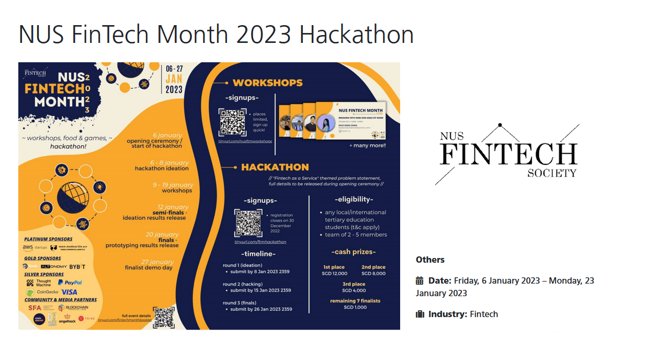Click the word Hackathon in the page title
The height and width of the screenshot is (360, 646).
tap(357, 35)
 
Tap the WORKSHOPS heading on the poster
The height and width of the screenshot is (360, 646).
tap(267, 83)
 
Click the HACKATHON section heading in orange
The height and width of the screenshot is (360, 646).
tap(275, 167)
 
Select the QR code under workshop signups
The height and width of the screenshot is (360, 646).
tap(232, 122)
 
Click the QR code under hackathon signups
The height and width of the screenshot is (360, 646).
tap(248, 223)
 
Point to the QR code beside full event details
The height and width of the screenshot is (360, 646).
tap(164, 318)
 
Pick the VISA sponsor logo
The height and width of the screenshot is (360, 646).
tap(69, 292)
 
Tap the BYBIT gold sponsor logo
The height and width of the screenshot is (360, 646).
tap(77, 266)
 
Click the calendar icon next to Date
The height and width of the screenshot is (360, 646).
tap(420, 280)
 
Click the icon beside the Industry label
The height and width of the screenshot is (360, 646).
tap(420, 314)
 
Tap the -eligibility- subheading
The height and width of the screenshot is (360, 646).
tap(354, 199)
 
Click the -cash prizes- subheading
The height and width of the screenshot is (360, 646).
tap(354, 252)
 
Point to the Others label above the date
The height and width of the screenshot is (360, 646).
tap(430, 260)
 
